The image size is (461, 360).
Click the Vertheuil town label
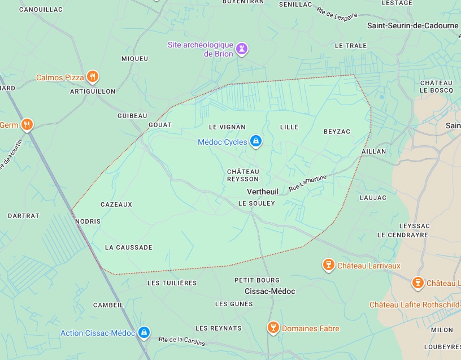pyautogui.click(x=263, y=192)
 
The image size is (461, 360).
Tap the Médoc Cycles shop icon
pyautogui.click(x=255, y=141)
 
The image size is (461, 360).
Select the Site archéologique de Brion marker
pyautogui.click(x=242, y=49)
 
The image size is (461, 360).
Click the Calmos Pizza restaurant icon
pyautogui.click(x=93, y=77)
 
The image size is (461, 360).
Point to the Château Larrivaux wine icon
pyautogui.click(x=328, y=265)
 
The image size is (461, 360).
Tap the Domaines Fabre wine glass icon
pyautogui.click(x=273, y=328)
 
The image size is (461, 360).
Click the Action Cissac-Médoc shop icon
pyautogui.click(x=144, y=333)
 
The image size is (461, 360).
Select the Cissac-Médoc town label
pyautogui.click(x=269, y=291)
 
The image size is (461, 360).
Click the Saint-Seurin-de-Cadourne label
pyautogui.click(x=412, y=25)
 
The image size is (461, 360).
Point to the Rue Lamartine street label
pyautogui.click(x=307, y=183)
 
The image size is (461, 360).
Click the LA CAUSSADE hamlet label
pyautogui.click(x=129, y=248)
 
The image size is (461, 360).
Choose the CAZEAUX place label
pyautogui.click(x=116, y=205)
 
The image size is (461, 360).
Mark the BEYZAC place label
pyautogui.click(x=337, y=132)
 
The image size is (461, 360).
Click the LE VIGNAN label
pyautogui.click(x=227, y=127)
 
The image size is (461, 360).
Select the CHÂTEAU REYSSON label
pyautogui.click(x=242, y=175)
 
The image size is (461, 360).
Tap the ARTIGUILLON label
pyautogui.click(x=93, y=91)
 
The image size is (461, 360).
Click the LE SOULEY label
pyautogui.click(x=256, y=203)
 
